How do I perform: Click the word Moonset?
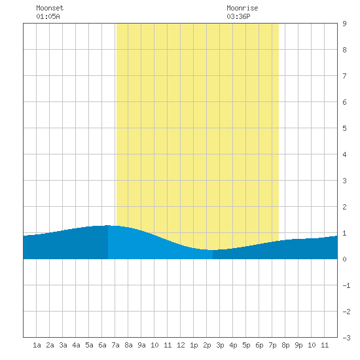click(50, 8)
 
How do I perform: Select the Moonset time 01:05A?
click(48, 16)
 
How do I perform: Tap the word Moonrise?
click(242, 8)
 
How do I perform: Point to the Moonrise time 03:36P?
click(238, 16)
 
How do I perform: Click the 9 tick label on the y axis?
click(344, 24)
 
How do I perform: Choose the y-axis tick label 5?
click(344, 128)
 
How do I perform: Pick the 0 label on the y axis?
click(344, 259)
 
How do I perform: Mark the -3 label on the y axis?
click(346, 338)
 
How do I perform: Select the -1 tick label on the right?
click(346, 285)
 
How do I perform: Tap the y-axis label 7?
click(344, 76)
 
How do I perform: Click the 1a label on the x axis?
click(37, 345)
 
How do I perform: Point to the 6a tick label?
click(102, 345)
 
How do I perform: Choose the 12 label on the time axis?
click(181, 345)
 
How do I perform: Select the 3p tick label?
click(220, 345)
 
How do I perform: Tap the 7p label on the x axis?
click(272, 345)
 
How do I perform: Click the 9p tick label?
click(298, 345)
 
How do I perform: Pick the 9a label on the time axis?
click(141, 345)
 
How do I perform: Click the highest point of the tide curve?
click(108, 225)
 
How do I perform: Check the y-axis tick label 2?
click(344, 207)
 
